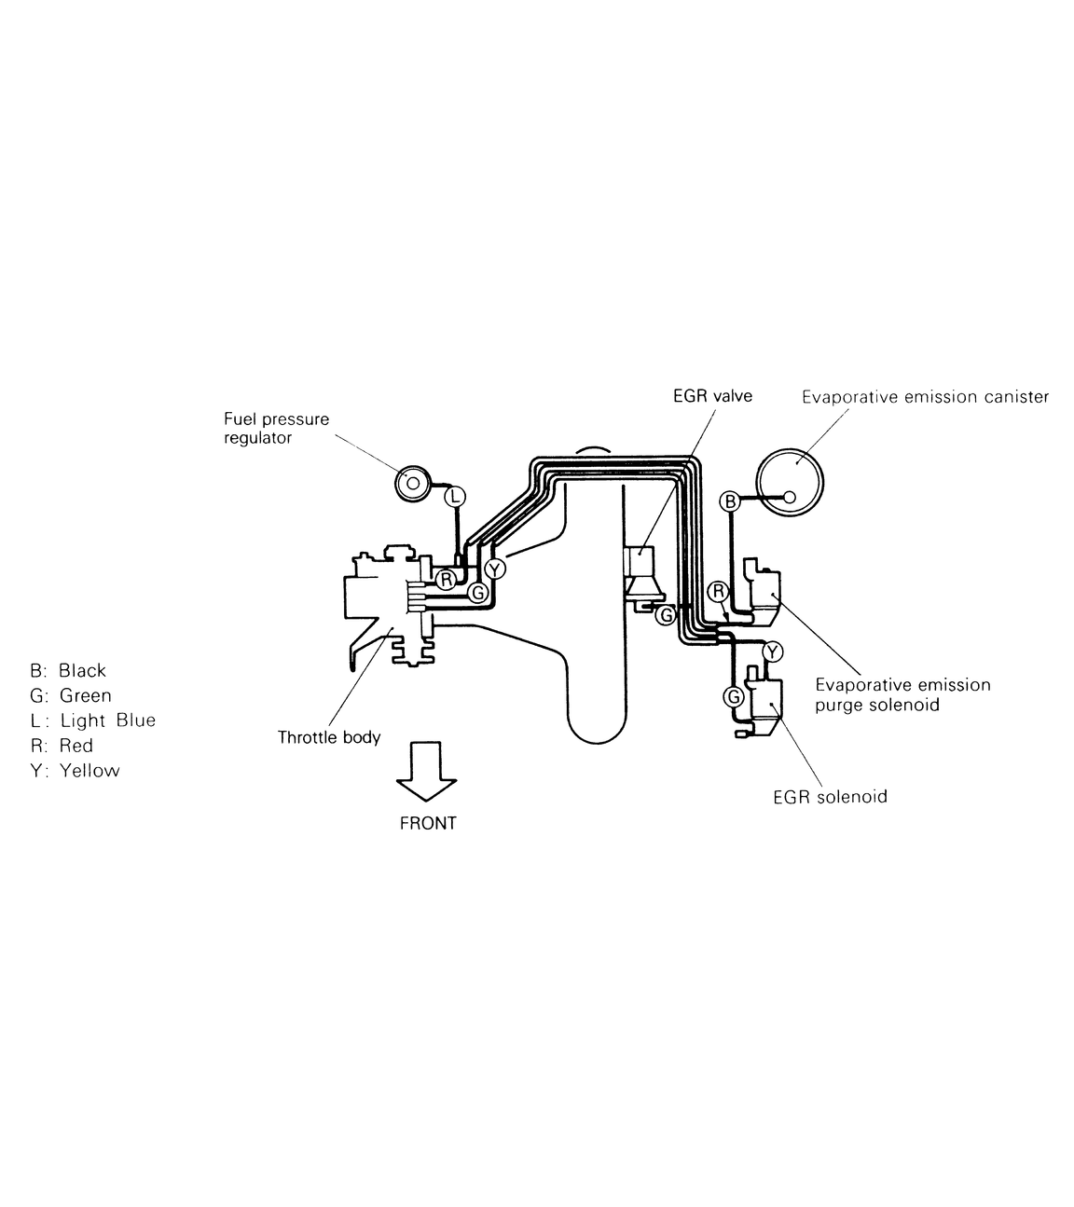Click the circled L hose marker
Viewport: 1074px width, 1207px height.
(x=455, y=496)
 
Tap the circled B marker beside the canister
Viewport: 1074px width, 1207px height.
(x=730, y=501)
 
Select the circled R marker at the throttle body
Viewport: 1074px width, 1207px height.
(x=446, y=579)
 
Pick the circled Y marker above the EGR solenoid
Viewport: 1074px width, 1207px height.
(x=773, y=652)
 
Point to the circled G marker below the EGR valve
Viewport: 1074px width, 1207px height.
(x=666, y=614)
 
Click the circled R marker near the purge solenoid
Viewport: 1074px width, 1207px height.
(x=719, y=592)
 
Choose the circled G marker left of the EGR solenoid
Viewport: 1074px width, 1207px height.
(x=734, y=696)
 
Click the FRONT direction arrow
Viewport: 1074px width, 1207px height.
(x=427, y=771)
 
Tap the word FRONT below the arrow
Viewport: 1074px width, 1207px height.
(x=428, y=823)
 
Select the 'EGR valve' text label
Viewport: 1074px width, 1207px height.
(x=713, y=396)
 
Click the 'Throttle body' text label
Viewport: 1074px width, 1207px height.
(x=329, y=737)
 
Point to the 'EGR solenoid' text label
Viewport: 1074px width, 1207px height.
(x=831, y=797)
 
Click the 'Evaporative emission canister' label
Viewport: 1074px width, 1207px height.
(x=925, y=397)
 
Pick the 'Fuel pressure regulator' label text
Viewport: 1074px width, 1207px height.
(x=277, y=429)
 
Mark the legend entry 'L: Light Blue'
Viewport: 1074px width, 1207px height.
(x=93, y=720)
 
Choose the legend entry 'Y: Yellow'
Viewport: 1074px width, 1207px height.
(x=76, y=770)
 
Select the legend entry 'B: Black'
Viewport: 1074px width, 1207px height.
(x=68, y=670)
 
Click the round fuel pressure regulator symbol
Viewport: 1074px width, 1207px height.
(x=413, y=484)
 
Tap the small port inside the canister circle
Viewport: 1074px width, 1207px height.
(x=789, y=497)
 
